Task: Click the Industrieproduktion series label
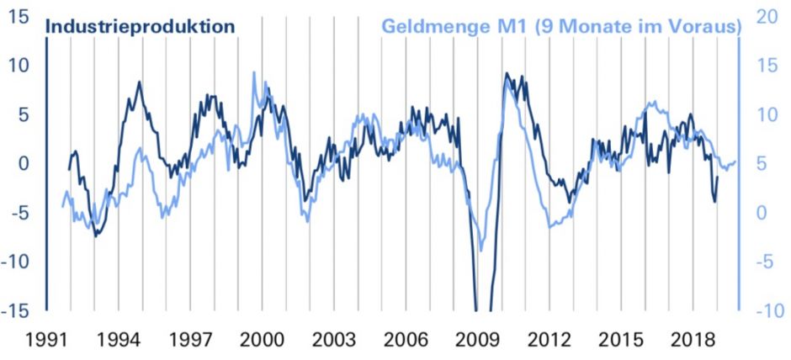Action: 139,26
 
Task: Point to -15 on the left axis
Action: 17,310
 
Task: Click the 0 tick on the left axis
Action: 25,163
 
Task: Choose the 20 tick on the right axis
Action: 765,16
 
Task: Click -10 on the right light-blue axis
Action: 765,310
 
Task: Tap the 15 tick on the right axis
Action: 765,65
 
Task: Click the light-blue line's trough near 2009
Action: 481,250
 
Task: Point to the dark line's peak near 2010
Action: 506,74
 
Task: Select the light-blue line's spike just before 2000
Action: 254,72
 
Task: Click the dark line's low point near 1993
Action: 95,236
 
